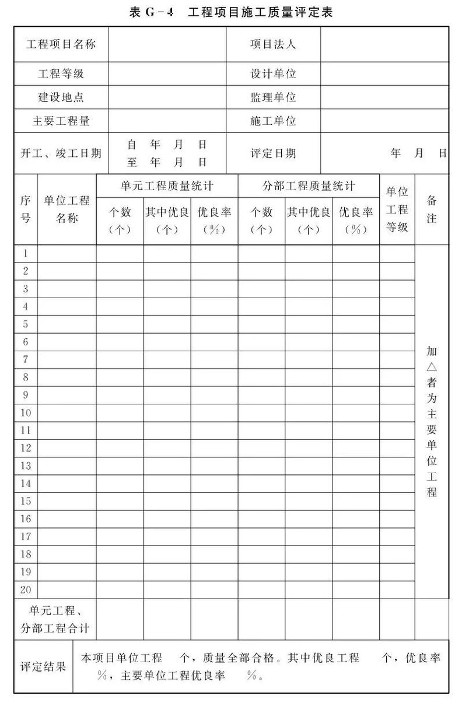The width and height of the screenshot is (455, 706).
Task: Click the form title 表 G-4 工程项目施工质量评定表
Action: coord(231,12)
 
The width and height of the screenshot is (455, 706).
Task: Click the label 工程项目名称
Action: coord(61,44)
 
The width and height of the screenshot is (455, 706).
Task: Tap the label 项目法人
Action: coord(274,44)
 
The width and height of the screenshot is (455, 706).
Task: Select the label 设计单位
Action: coord(274,74)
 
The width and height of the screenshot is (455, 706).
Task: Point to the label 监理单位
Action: coord(274,97)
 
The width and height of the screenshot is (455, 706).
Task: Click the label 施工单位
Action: coord(274,121)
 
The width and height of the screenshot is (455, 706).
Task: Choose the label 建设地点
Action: coord(61,97)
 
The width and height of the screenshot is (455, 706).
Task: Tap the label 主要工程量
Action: coord(61,121)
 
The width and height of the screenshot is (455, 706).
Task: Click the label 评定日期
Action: coord(274,153)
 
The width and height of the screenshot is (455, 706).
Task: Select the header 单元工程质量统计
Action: coord(167,186)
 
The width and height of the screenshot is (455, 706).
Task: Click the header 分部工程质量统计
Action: coord(309,186)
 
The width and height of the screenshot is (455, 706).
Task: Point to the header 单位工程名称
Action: coord(67,209)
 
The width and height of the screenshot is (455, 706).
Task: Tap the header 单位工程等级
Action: coord(397,209)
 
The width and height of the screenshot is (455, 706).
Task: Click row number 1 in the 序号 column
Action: coord(26,253)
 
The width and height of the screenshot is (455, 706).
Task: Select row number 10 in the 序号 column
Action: coord(26,413)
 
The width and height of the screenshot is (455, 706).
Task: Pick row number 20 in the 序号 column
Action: coord(26,589)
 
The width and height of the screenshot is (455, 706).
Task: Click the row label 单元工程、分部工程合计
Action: coord(55,620)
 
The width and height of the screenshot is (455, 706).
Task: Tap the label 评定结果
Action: coord(44,667)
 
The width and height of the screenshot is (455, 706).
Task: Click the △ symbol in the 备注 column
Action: coord(432,367)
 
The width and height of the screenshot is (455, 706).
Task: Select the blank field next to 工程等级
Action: coord(167,74)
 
